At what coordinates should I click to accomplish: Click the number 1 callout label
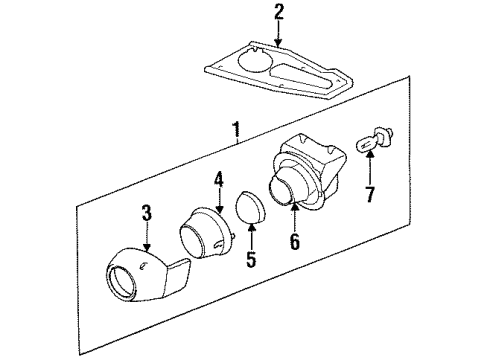click(x=236, y=129)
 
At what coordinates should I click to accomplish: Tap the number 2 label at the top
click(x=279, y=12)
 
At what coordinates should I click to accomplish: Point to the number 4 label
click(x=218, y=181)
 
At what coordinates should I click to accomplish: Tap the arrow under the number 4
click(x=218, y=200)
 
